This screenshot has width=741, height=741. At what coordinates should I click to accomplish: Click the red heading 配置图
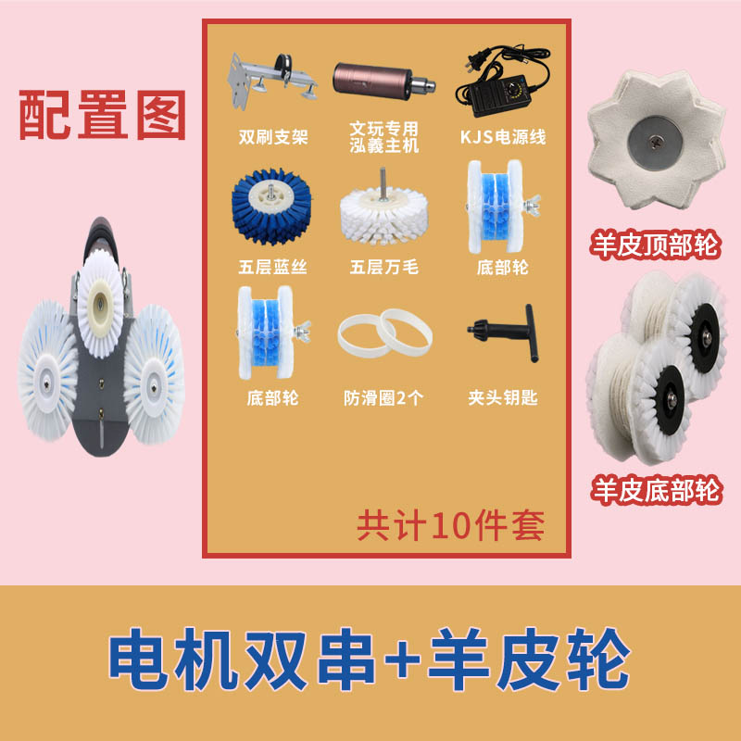click(x=102, y=115)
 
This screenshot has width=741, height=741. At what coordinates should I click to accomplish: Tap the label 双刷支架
click(x=273, y=137)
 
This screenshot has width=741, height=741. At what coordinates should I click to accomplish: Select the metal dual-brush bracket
click(x=271, y=81)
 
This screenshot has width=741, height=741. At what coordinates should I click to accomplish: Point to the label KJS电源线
click(x=503, y=137)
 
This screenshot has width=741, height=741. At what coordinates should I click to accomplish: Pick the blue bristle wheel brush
click(x=271, y=206)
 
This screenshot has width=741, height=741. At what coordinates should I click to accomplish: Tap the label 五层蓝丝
click(x=272, y=268)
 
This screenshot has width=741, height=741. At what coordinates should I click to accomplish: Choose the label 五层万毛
click(x=383, y=268)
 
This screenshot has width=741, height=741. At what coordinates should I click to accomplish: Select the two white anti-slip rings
click(x=384, y=333)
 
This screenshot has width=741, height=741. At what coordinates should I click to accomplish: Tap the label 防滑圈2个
click(x=383, y=398)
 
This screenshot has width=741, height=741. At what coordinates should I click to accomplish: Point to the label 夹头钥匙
click(x=503, y=398)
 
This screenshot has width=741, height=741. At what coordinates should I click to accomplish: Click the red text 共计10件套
click(x=450, y=525)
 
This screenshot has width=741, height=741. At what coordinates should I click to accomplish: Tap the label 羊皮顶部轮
click(x=655, y=245)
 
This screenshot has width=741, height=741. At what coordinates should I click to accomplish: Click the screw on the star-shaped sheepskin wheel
click(x=656, y=140)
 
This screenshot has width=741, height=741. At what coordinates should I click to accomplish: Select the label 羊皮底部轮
click(x=657, y=490)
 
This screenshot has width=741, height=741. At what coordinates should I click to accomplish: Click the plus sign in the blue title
click(x=403, y=659)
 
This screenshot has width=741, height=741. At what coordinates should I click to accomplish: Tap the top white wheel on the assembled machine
click(x=100, y=302)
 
